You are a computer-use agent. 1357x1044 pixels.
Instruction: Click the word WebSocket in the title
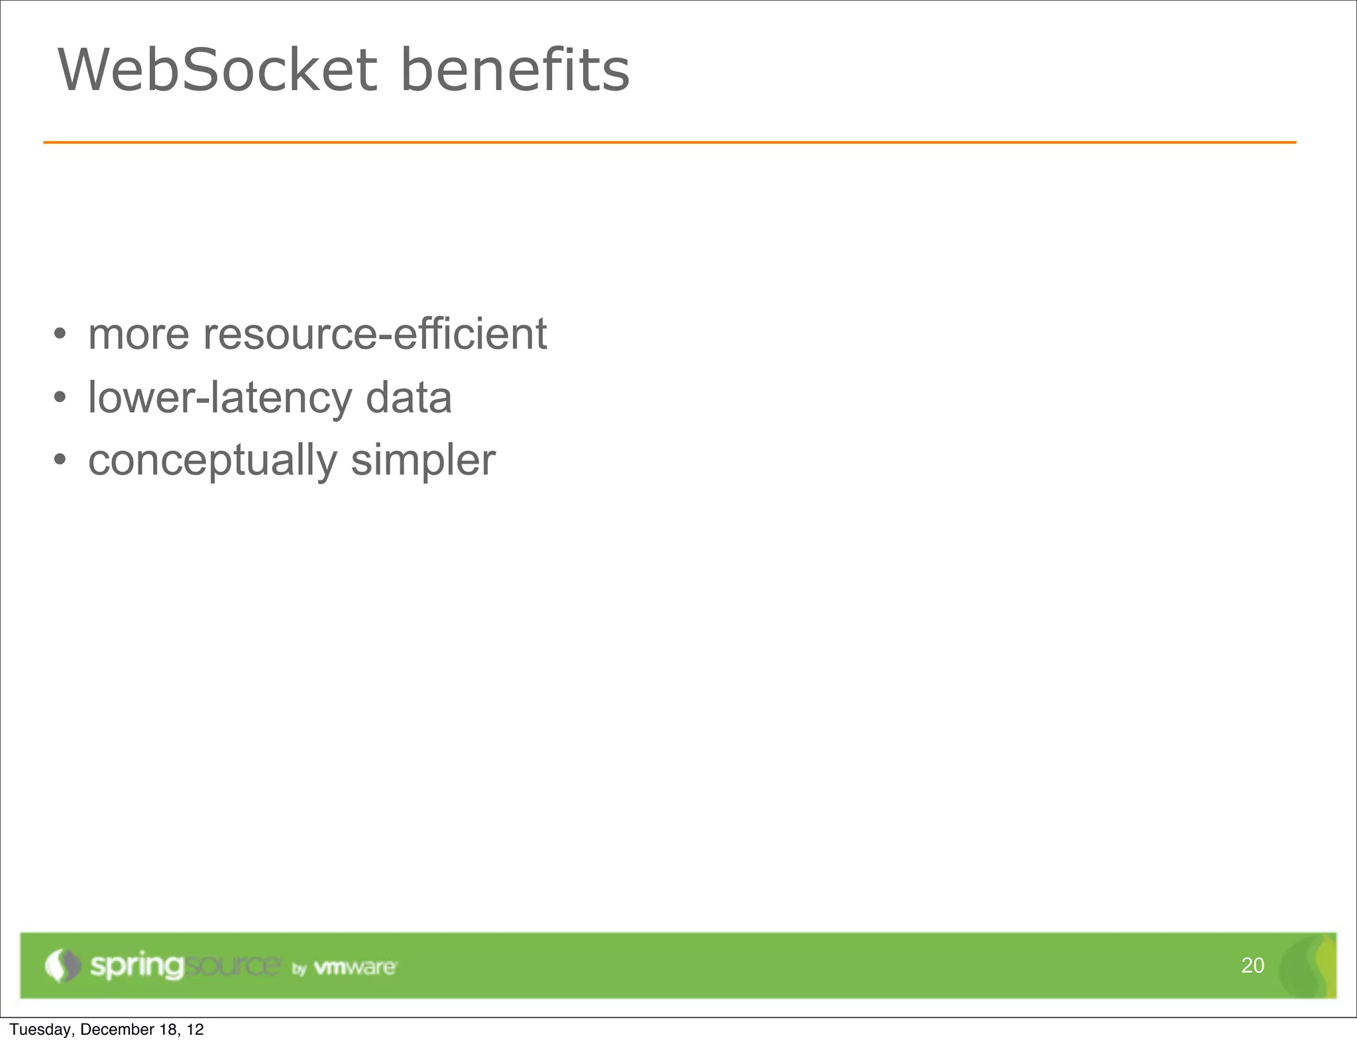coord(217,70)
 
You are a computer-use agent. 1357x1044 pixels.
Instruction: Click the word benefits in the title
coord(515,70)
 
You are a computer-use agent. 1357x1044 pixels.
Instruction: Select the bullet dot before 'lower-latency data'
coord(60,398)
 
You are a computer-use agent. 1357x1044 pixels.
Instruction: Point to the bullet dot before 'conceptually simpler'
coord(60,460)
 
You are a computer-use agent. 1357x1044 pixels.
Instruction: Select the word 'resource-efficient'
coord(374,335)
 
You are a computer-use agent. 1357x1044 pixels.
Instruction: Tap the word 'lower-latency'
coord(220,398)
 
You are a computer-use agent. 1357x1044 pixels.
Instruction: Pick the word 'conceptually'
coord(212,462)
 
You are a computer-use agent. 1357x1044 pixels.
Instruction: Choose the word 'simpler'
coord(423,462)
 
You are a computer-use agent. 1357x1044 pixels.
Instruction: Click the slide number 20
coord(1252,965)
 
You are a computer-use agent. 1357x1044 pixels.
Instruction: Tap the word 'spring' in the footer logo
coord(136,966)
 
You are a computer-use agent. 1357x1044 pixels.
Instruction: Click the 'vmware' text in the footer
coord(354,967)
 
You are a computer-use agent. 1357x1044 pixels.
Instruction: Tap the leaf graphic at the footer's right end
coord(1309,966)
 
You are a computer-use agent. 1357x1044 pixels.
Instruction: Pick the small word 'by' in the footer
coord(299,969)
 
